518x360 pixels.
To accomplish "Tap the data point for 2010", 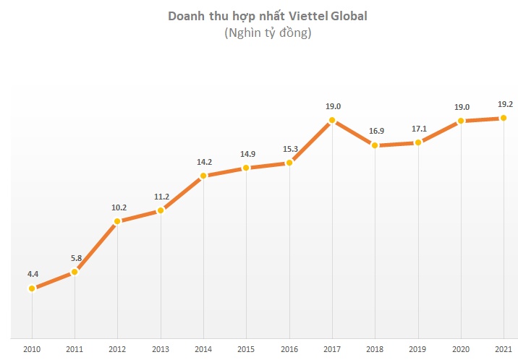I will point(32,288).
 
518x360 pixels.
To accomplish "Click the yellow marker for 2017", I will point(332,120).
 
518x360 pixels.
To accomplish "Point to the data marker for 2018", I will point(375,145).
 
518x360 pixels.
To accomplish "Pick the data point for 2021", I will point(504,118).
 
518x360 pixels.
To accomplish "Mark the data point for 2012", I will point(117,221).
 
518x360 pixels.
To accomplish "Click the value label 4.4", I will point(33,274).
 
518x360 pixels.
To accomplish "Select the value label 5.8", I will point(75,257).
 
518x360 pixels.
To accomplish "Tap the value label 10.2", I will point(118,207).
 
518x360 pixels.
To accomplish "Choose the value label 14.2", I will point(203,161).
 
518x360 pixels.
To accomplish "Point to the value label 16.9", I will point(375,132).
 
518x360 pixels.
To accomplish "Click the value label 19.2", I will point(504,104).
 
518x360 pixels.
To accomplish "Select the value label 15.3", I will point(289,149).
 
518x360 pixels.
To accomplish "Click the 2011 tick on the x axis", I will point(75,350).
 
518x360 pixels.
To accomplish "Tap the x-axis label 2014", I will point(203,350).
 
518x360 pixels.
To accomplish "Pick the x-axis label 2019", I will point(417,350).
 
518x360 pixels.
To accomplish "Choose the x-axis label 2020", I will point(461,350).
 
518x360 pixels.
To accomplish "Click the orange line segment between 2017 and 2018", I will point(354,133).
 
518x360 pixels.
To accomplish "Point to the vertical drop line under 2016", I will point(289,253).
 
